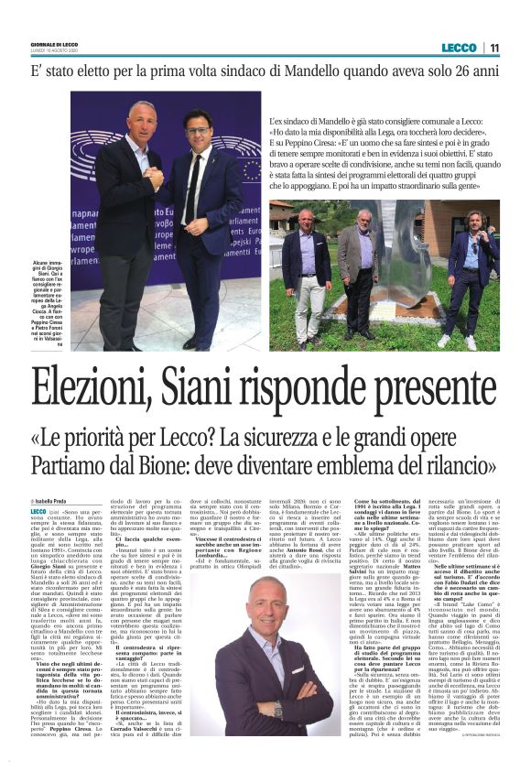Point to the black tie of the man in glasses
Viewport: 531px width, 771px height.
click(x=193, y=191)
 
